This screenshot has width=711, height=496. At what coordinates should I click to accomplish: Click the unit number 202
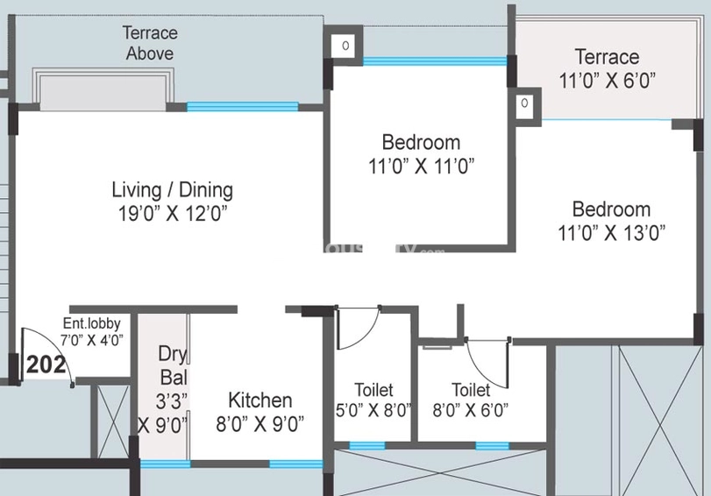click(46, 364)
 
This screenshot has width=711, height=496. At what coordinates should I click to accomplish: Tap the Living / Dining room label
click(172, 189)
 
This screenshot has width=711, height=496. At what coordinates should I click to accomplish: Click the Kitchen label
click(260, 400)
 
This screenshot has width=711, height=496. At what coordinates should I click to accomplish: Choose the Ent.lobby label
click(91, 323)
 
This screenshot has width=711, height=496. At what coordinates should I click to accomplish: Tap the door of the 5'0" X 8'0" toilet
click(358, 326)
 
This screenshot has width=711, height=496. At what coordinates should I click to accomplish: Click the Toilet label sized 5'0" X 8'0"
click(373, 390)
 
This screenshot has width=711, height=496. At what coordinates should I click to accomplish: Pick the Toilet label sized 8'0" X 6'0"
click(471, 390)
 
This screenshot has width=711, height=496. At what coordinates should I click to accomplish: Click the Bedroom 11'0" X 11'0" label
click(421, 142)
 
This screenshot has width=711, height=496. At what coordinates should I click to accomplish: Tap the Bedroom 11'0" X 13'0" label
click(611, 209)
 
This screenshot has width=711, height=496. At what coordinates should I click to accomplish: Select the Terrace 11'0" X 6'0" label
click(607, 57)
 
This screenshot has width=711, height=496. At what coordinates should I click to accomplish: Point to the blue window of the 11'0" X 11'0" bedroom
click(434, 61)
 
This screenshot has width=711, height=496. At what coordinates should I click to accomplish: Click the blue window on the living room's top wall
click(242, 107)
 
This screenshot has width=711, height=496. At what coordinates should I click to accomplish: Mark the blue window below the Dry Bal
click(165, 464)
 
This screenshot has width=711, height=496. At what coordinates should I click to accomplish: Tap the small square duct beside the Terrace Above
click(345, 45)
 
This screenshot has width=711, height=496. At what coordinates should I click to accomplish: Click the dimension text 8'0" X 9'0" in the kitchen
click(260, 424)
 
